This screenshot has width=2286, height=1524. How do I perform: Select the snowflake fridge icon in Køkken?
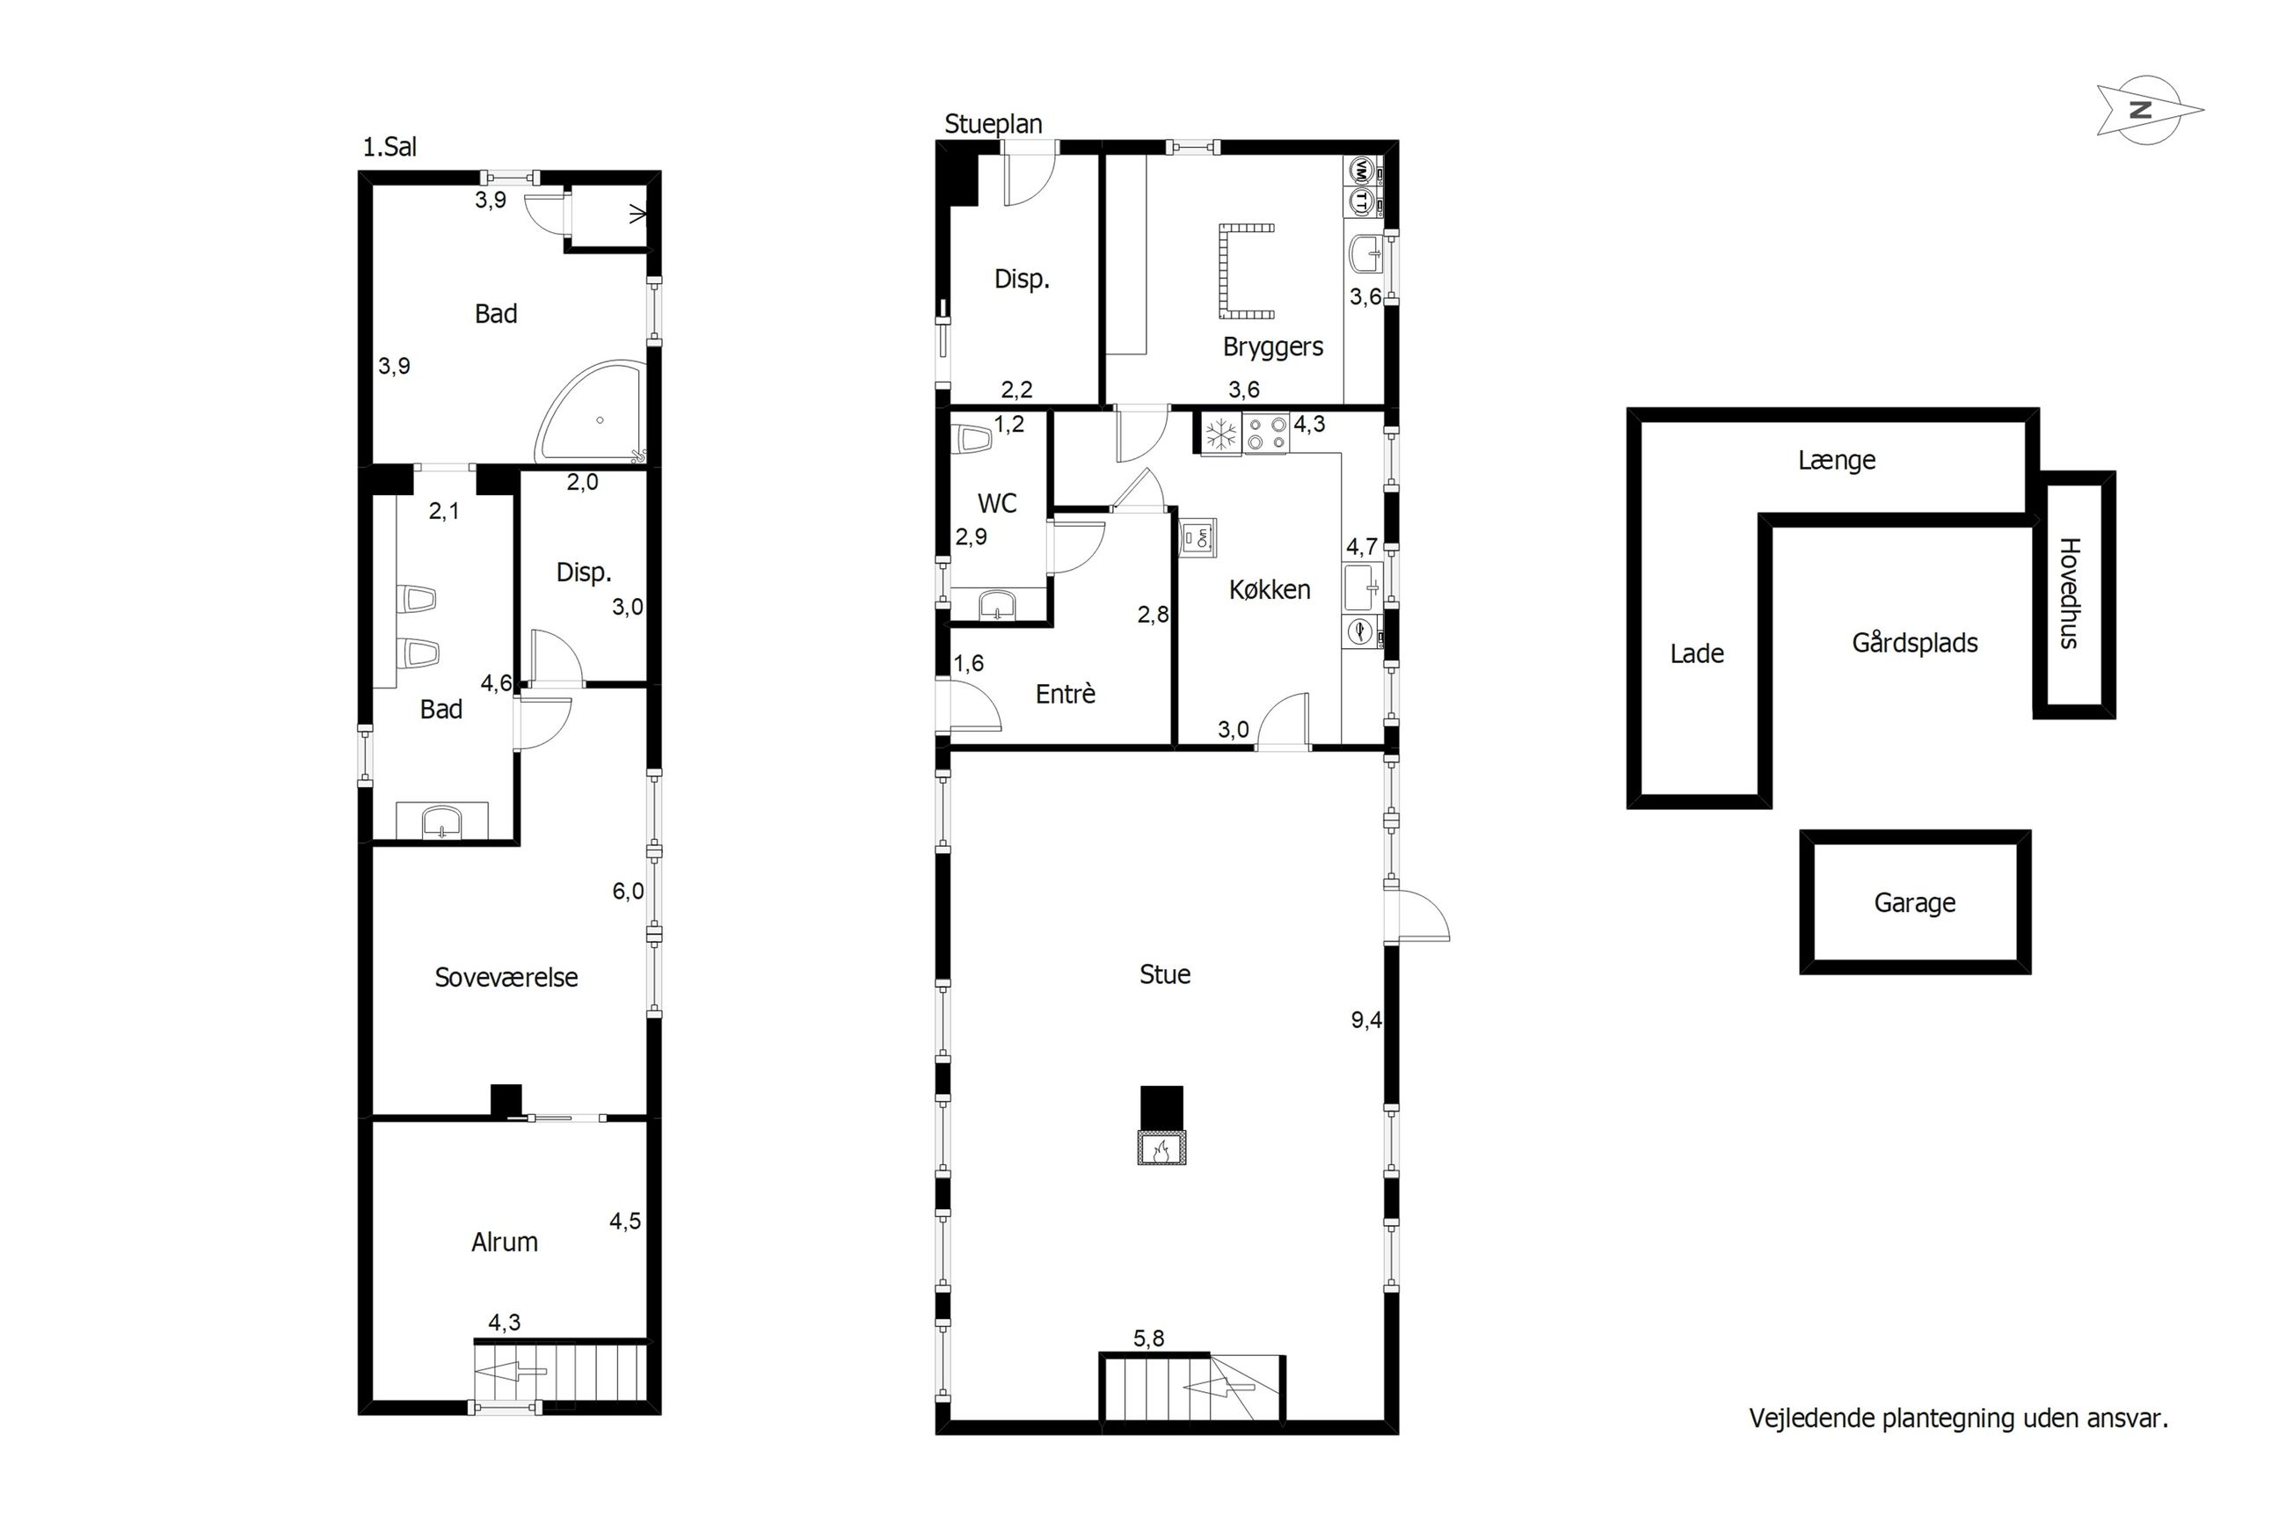[x=1221, y=434]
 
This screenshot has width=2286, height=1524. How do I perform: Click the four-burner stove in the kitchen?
[x=1266, y=434]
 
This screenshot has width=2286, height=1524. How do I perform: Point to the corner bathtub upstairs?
[x=591, y=413]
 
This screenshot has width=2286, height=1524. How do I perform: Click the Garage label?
[x=1914, y=903]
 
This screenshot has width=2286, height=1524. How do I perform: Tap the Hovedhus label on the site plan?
[x=2067, y=592]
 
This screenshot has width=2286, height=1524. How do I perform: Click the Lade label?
[x=1696, y=654]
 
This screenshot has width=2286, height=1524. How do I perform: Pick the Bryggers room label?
[x=1273, y=347]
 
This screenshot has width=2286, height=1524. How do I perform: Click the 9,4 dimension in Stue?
[x=1366, y=1020]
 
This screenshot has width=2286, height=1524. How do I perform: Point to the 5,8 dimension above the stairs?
[x=1148, y=1338]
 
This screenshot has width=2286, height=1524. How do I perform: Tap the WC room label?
[x=997, y=504]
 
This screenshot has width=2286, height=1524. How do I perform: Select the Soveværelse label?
[x=506, y=978]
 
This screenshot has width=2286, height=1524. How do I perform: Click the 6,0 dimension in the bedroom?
[x=628, y=891]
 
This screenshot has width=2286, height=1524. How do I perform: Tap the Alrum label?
[x=504, y=1242]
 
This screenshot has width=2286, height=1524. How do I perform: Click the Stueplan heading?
[x=993, y=123]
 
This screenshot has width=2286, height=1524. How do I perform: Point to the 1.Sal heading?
[x=389, y=147]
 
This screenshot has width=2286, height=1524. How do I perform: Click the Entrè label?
[x=1065, y=694]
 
